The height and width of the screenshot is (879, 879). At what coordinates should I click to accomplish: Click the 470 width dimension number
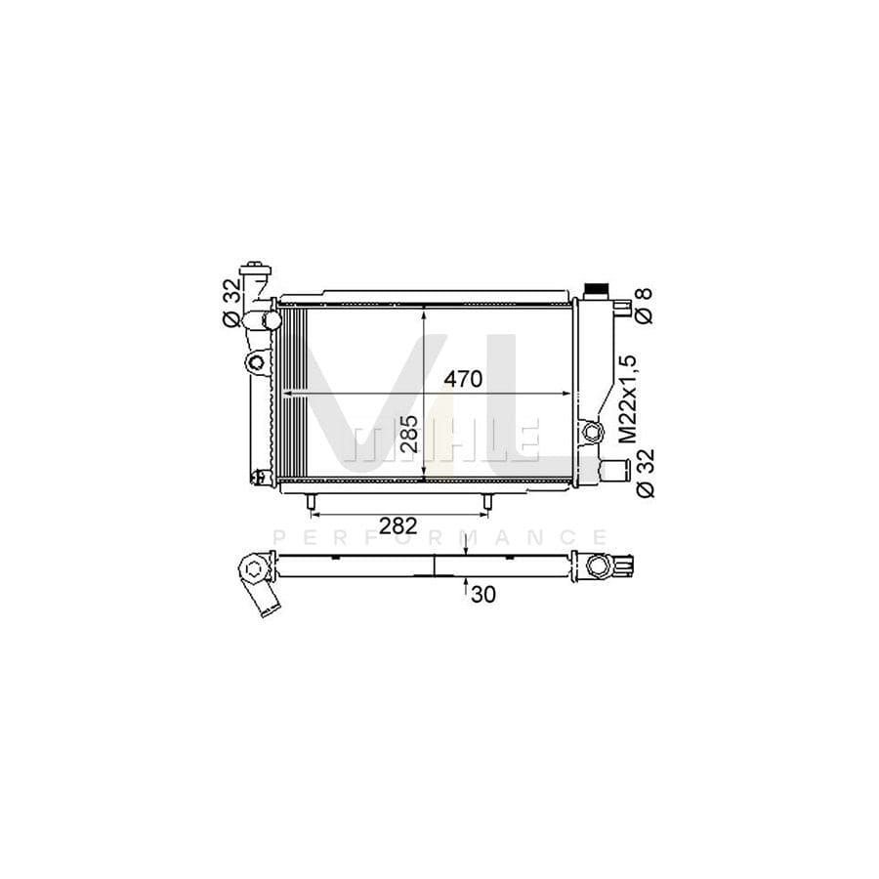point(463,380)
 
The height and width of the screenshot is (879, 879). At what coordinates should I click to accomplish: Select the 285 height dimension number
point(410,434)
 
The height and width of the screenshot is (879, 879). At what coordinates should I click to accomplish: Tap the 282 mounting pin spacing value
point(398,525)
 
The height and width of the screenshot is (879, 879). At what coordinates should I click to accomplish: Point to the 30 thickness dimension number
point(483,594)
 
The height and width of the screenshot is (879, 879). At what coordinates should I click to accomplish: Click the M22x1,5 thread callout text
point(630,398)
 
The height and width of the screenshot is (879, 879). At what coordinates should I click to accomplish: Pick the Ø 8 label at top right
point(646,305)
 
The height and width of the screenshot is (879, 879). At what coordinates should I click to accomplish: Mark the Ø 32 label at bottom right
point(646,473)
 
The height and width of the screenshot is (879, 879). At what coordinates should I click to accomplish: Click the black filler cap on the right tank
point(596,291)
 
